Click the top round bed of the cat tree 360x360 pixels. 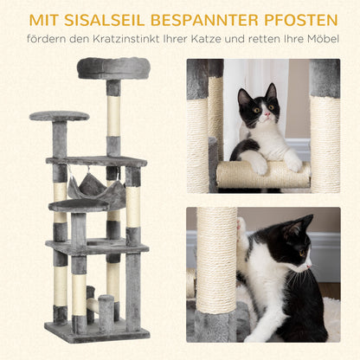(x=112, y=67)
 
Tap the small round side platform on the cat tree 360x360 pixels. (x=59, y=116)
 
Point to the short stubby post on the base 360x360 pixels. (x=106, y=312)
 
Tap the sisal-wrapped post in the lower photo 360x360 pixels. (x=215, y=260)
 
